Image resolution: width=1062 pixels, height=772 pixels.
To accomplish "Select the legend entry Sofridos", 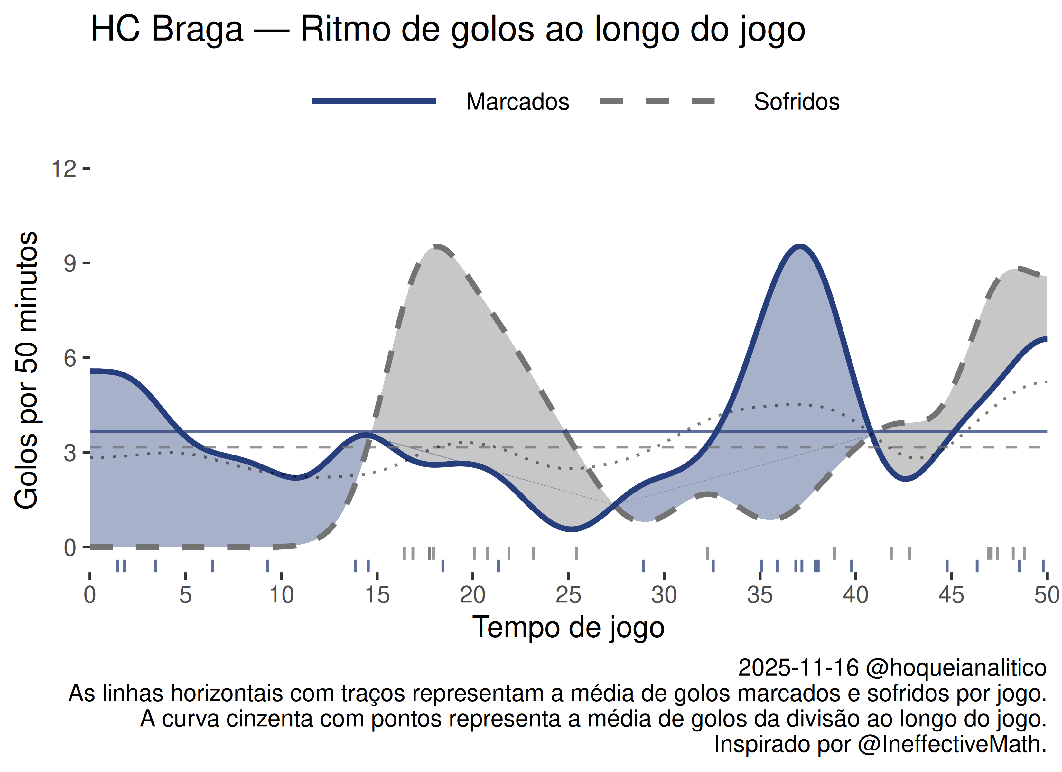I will point(796,102).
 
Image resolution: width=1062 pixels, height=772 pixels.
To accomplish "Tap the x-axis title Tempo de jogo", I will point(568,627).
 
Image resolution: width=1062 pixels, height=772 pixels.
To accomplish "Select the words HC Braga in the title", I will point(167,29).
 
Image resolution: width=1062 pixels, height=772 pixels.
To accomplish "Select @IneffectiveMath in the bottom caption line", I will point(952,744).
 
